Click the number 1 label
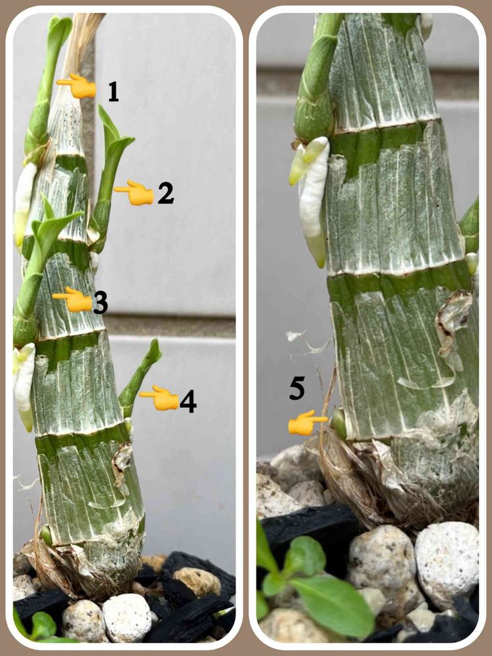(x=113, y=92)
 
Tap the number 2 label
(x=166, y=194)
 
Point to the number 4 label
(x=188, y=401)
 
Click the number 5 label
(x=297, y=388)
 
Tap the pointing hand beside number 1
(x=77, y=86)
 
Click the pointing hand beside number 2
(x=134, y=192)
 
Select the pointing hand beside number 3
(x=72, y=300)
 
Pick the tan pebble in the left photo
(x=197, y=581)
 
